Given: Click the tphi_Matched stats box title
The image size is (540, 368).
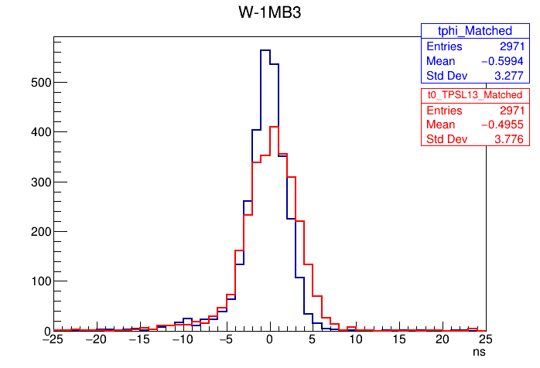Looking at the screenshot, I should (x=474, y=31).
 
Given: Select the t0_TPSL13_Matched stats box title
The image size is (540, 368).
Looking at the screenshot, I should (x=474, y=94).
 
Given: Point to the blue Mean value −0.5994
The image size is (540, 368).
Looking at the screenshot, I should (x=501, y=61).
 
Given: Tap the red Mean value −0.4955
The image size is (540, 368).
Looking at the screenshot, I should (x=501, y=124).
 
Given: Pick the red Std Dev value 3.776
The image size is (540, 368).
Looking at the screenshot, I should (x=508, y=139).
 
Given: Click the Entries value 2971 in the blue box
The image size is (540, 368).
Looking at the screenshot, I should (x=511, y=46).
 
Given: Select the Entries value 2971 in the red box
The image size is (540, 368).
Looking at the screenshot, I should (x=511, y=110).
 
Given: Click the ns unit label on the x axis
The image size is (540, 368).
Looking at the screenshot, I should (x=480, y=351).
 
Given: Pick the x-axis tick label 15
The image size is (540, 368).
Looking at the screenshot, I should (x=398, y=340).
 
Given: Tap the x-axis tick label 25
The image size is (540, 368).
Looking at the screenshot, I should (x=485, y=340).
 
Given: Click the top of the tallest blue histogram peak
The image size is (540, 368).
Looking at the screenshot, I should (x=265, y=50).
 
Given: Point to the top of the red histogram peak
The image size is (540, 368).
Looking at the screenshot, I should (x=274, y=127).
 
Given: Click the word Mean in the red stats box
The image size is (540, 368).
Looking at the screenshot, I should (x=440, y=124).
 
